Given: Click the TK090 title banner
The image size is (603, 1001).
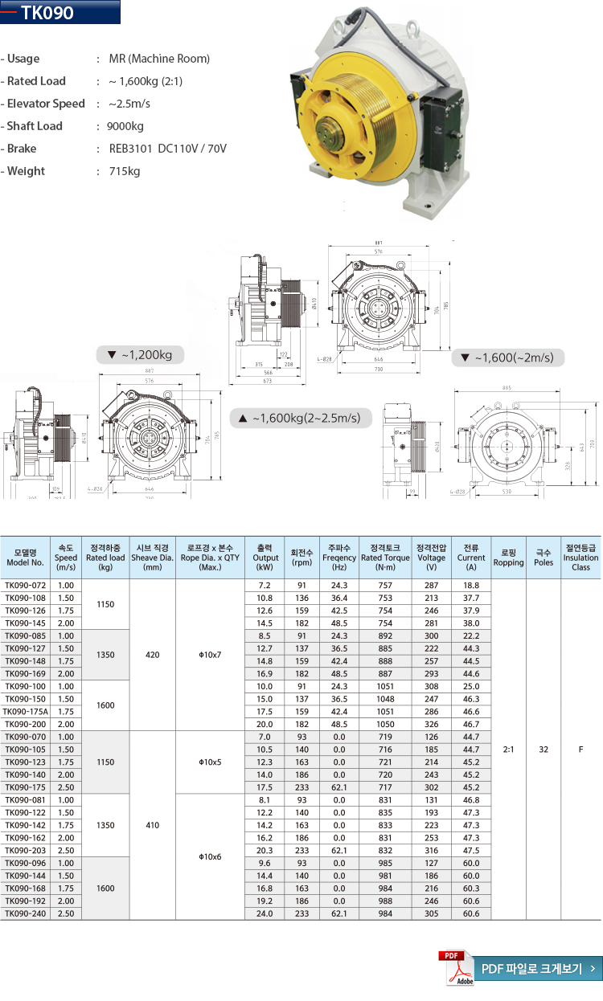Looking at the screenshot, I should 59,13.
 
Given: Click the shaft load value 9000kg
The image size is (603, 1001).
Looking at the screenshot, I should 120,126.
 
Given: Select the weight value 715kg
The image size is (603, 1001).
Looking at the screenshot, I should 118,171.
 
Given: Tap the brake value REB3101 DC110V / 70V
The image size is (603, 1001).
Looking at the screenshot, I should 168,149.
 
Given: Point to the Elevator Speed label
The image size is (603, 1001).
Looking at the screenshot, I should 46,104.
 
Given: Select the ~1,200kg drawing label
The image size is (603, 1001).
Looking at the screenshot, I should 140,355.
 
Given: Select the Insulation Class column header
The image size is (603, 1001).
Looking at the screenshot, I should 580,553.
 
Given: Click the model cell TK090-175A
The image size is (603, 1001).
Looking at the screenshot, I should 27,712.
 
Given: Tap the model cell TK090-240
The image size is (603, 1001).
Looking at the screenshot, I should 26,913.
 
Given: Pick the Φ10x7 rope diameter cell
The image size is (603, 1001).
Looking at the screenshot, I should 209,655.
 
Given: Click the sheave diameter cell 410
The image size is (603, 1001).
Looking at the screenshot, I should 153,824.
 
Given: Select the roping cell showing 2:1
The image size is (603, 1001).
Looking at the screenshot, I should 508,750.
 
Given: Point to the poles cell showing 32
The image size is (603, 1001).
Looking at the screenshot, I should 544,750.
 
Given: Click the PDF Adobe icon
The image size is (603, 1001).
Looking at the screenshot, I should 455,967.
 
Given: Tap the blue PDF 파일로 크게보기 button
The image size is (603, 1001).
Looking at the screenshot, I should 538,969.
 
